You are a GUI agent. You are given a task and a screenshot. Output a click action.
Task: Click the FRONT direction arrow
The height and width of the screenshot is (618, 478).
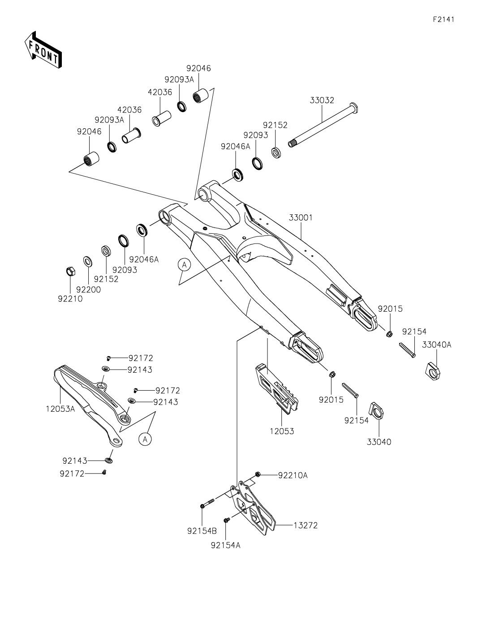(x=43, y=50)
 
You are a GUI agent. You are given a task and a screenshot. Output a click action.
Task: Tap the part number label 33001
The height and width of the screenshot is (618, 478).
(x=301, y=218)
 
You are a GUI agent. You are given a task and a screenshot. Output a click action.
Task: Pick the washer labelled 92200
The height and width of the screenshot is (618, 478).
(x=87, y=261)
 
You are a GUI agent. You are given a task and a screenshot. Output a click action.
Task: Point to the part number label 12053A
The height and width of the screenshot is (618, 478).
(x=60, y=409)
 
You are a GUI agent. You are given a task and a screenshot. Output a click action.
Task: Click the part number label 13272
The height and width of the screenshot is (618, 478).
(x=306, y=525)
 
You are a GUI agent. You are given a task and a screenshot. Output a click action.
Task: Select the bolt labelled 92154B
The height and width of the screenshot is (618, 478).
(x=203, y=506)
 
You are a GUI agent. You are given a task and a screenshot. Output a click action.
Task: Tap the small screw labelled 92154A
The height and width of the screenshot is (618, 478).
(x=227, y=519)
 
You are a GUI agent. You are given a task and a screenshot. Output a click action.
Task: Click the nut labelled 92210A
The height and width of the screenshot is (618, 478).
(x=258, y=474)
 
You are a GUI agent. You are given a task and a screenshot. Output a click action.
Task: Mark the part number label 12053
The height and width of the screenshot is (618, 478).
(x=282, y=431)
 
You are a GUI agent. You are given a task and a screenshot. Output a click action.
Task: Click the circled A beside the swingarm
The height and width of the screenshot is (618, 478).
(x=184, y=265)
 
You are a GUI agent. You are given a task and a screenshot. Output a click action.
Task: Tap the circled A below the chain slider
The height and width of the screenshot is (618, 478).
(x=144, y=440)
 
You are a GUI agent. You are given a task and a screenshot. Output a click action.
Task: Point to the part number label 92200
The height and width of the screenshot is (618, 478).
(x=88, y=290)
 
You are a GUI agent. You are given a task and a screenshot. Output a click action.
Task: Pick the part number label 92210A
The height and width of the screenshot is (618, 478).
(x=293, y=475)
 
